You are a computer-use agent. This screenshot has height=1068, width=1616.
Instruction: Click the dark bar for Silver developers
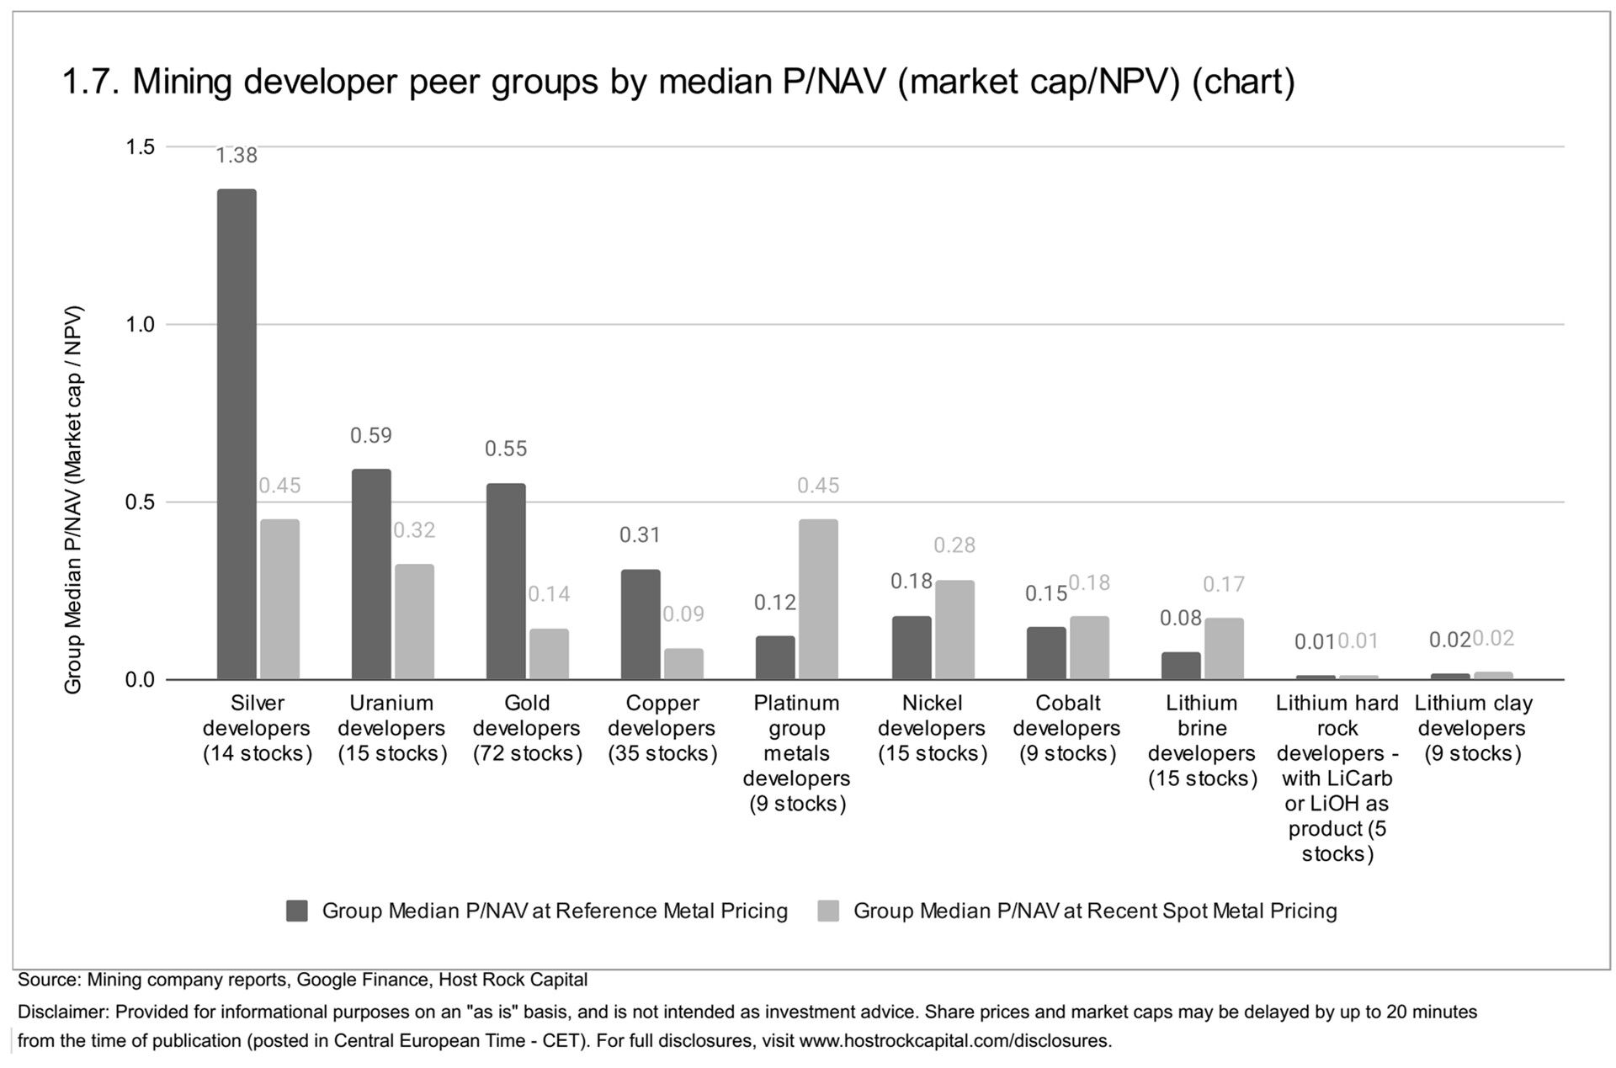[x=237, y=433]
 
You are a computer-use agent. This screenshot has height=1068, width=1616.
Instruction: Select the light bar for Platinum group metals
[x=817, y=598]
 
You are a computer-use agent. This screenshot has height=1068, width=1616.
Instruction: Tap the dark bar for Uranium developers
[x=371, y=574]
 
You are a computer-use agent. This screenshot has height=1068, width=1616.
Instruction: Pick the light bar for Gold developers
[x=549, y=653]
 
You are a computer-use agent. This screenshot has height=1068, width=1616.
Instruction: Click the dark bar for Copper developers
[x=641, y=624]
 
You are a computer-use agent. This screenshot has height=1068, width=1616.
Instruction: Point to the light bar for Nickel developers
[x=954, y=630]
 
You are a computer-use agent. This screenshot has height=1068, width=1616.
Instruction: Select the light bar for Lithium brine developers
[x=1223, y=648]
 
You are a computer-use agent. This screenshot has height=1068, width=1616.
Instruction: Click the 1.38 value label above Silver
[x=237, y=156]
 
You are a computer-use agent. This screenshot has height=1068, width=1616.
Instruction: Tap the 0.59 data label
[x=371, y=436]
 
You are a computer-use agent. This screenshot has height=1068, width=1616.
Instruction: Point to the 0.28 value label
[x=954, y=545]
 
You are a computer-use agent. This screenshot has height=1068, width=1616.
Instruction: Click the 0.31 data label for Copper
[x=641, y=535]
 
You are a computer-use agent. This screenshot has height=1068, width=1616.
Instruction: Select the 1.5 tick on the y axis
[x=141, y=147]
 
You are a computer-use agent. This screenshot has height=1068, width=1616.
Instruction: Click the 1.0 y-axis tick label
[x=141, y=325]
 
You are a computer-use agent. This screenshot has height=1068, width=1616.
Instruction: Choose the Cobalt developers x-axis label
[x=1067, y=728]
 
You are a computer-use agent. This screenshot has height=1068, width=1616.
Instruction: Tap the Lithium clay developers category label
[x=1473, y=728]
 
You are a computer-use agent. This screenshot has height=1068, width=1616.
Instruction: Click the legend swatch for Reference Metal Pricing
[x=296, y=911]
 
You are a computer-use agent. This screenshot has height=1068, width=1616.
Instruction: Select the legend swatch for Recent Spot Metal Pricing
[x=828, y=911]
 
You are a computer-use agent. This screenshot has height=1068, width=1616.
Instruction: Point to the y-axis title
[x=74, y=500]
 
